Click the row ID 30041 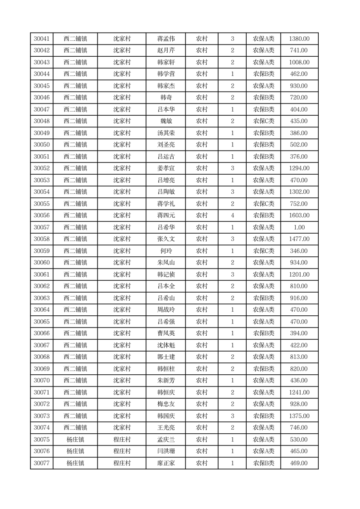pyautogui.click(x=42, y=39)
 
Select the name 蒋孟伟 pyautogui.click(x=165, y=39)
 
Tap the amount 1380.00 pyautogui.click(x=299, y=39)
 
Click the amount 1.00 pyautogui.click(x=299, y=227)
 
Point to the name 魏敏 pyautogui.click(x=165, y=121)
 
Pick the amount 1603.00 pyautogui.click(x=299, y=215)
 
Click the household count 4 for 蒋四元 pyautogui.click(x=232, y=215)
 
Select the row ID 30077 pyautogui.click(x=42, y=463)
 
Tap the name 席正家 pyautogui.click(x=165, y=463)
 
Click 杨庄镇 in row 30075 pyautogui.click(x=75, y=440)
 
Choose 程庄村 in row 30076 pyautogui.click(x=122, y=451)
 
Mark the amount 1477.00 pyautogui.click(x=299, y=239)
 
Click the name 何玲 pyautogui.click(x=165, y=251)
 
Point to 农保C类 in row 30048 pyautogui.click(x=263, y=121)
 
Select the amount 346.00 pyautogui.click(x=299, y=251)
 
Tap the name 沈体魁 pyautogui.click(x=165, y=345)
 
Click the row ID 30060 pyautogui.click(x=42, y=263)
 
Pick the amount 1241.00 pyautogui.click(x=299, y=392)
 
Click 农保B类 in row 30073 pyautogui.click(x=263, y=416)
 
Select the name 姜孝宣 pyautogui.click(x=165, y=168)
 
